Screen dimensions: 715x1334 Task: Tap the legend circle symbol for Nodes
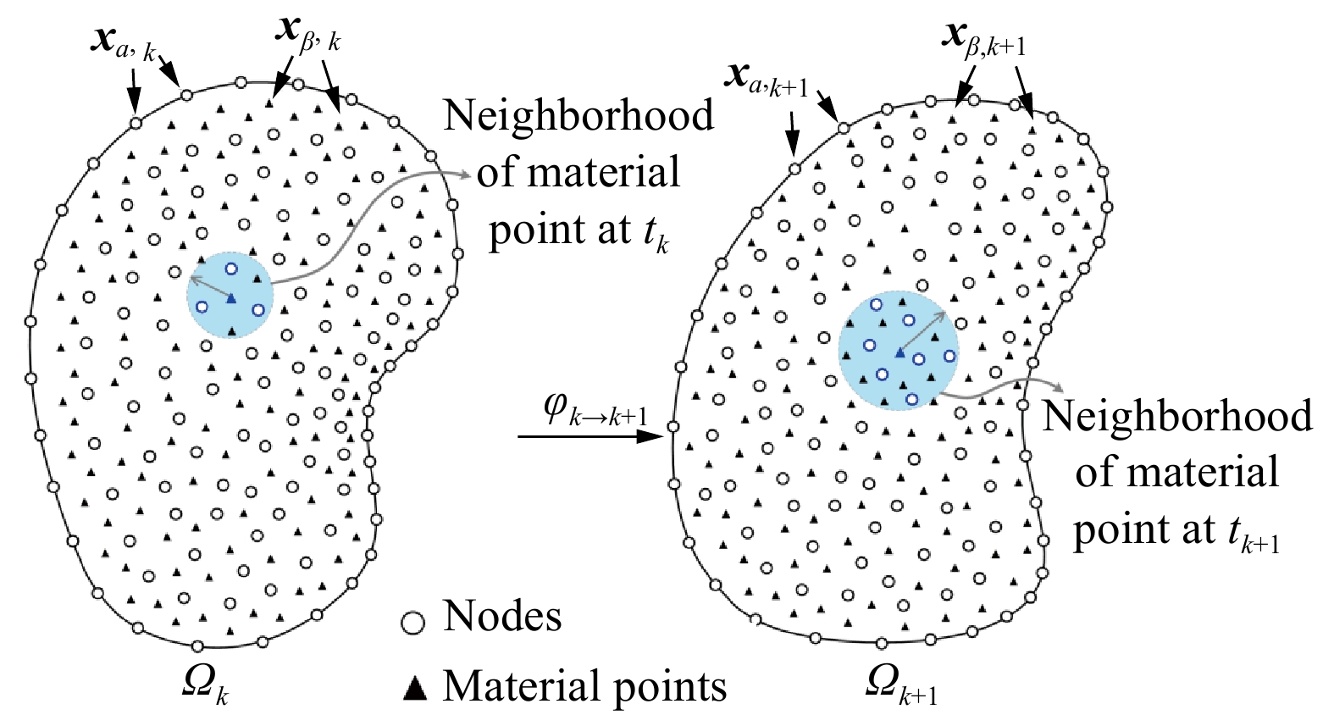412,623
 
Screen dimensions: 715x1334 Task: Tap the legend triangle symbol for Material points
414,689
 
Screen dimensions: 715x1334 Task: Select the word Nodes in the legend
502,617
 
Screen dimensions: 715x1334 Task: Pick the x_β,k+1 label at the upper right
983,38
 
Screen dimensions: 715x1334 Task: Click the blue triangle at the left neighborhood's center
230,298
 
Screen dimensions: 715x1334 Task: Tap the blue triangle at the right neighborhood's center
899,352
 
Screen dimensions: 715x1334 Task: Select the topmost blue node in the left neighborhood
231,269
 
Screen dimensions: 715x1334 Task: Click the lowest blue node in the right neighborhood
911,398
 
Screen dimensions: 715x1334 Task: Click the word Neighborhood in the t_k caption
578,116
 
